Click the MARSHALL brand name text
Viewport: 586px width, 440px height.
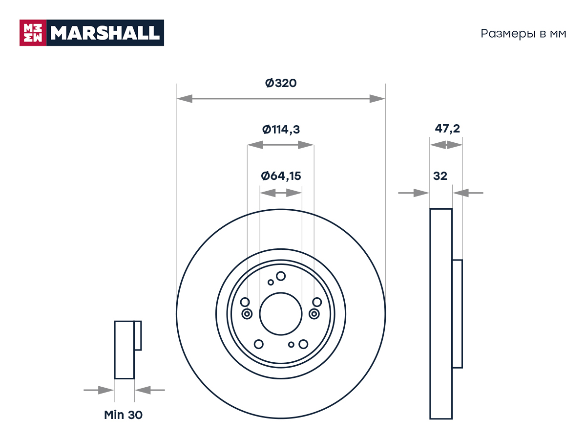click(x=105, y=33)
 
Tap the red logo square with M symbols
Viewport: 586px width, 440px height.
click(x=33, y=33)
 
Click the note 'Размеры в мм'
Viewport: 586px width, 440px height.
click(x=523, y=34)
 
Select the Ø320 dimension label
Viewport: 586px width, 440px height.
click(x=281, y=83)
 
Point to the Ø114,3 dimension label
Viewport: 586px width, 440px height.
click(x=281, y=130)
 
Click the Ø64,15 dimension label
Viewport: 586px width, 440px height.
click(x=281, y=176)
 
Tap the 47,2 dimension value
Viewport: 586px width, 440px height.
click(x=447, y=129)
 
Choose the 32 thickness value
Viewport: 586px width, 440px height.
click(x=440, y=176)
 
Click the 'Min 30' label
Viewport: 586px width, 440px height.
click(x=124, y=415)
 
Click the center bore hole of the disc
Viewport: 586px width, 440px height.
click(x=281, y=314)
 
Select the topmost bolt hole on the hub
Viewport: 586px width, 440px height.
click(x=281, y=276)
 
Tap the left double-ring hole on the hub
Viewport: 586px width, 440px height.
click(x=247, y=314)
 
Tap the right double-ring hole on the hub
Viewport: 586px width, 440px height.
click(x=314, y=314)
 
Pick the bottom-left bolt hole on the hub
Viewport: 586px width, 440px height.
click(x=258, y=344)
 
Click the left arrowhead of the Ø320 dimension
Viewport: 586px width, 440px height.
click(x=185, y=99)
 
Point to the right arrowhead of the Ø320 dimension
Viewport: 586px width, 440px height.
click(x=377, y=99)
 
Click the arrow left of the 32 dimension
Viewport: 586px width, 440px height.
click(x=414, y=193)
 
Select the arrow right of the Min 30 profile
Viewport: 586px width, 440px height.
click(x=150, y=390)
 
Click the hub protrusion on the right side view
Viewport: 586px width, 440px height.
click(x=457, y=314)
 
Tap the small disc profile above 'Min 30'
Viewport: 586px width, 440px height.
click(x=127, y=350)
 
